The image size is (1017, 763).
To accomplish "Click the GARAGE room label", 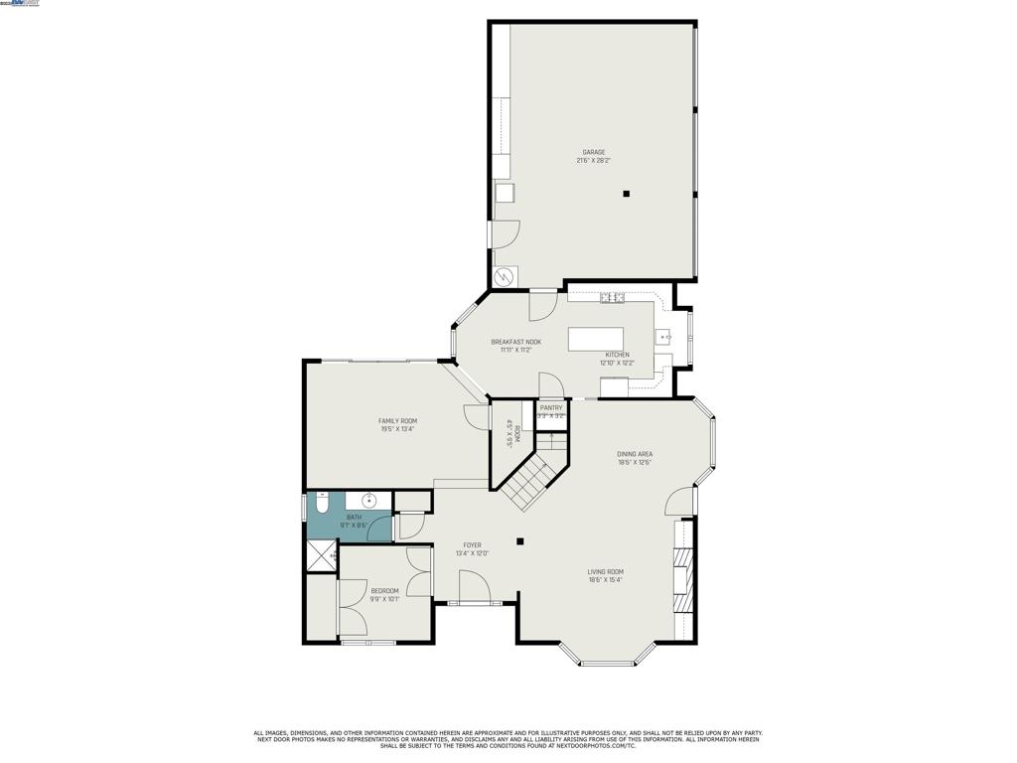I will [x=594, y=152].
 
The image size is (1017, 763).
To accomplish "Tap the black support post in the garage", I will [x=626, y=194].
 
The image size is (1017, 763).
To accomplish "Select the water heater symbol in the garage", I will [x=504, y=275].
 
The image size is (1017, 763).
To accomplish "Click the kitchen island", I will [x=596, y=339].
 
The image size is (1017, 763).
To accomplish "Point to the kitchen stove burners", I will [x=612, y=296].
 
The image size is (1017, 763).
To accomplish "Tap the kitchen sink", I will [x=665, y=337].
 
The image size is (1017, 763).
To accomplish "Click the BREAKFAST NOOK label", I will [x=515, y=342].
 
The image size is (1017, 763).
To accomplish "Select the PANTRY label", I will [x=551, y=407].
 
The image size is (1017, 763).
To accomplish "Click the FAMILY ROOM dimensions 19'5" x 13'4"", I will [x=397, y=429].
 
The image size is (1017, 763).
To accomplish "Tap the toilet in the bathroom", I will [x=322, y=503].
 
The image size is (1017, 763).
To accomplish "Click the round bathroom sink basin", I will [x=369, y=501].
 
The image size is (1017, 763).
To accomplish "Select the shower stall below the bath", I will [x=321, y=556].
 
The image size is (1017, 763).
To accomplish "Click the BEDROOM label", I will [x=384, y=590].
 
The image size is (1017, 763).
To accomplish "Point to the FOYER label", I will [x=472, y=544].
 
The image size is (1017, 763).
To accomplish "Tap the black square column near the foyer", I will [x=519, y=541].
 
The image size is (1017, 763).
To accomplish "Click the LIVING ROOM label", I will [x=605, y=571].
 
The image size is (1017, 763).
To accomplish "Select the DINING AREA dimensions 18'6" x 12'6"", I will [x=635, y=462].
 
